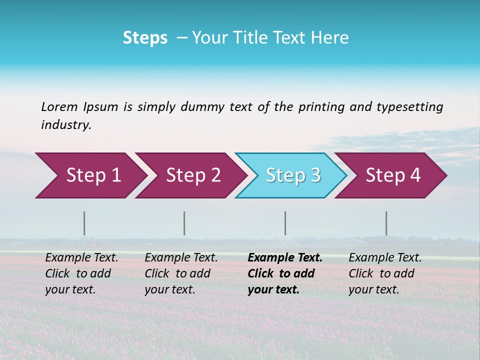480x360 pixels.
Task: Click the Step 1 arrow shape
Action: pos(90,175)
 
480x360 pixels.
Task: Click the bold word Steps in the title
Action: pos(145,37)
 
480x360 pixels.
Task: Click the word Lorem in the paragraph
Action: pos(59,106)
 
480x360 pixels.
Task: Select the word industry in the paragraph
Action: pos(66,125)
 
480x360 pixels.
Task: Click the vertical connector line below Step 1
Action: pos(84,223)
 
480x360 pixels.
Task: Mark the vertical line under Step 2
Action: pos(184,223)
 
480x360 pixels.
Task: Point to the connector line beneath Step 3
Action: pos(285,223)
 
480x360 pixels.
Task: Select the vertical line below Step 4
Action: pos(386,223)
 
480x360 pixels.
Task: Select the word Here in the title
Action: pos(330,37)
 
